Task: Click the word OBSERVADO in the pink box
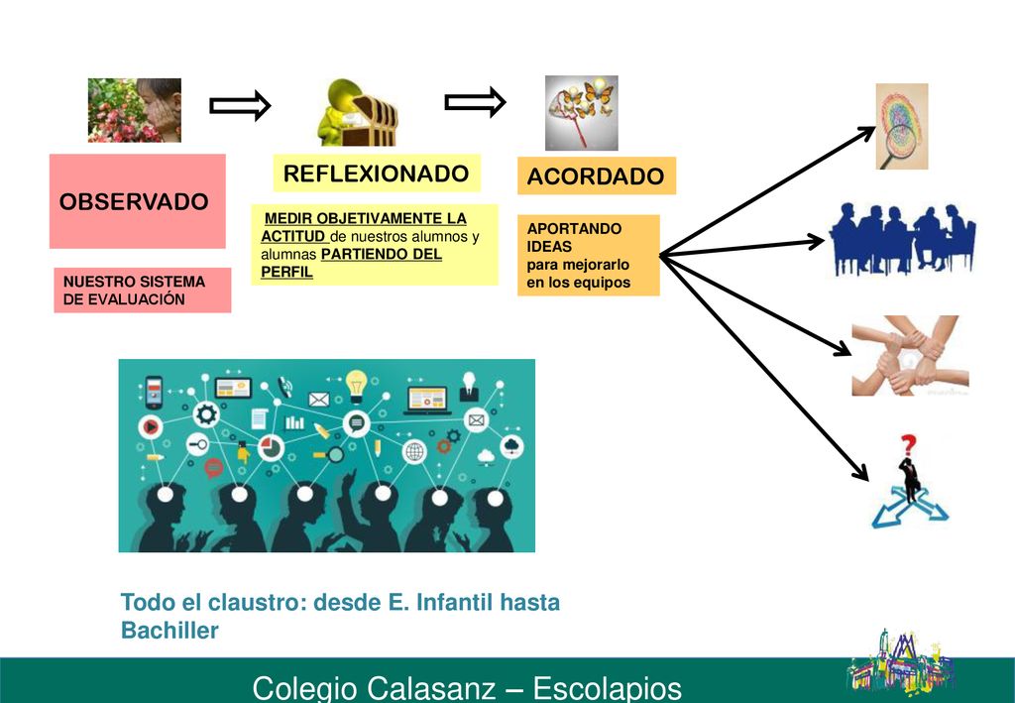coord(134,201)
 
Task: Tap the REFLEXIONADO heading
coord(376,174)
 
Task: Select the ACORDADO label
coord(596,176)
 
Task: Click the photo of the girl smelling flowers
coord(135,111)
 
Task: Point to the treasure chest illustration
coord(357,113)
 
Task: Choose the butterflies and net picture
coord(581,113)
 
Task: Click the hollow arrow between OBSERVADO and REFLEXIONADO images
coord(240,105)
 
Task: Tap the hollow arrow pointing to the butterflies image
coord(475,102)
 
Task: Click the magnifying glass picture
coord(902,126)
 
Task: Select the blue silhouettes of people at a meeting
coord(903,239)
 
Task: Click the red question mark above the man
coord(908,445)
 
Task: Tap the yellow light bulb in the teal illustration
coord(356,385)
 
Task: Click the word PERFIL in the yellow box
coord(286,272)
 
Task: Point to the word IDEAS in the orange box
coord(549,247)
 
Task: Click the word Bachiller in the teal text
coord(169,630)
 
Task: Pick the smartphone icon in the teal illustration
coord(154,393)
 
